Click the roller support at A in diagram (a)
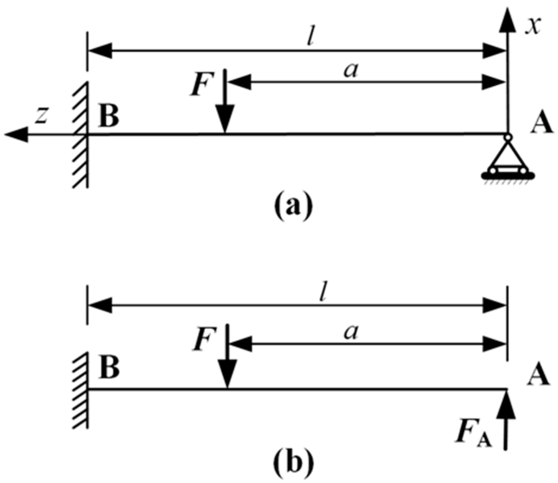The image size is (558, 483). click(x=507, y=161)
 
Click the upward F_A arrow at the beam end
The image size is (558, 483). click(x=507, y=417)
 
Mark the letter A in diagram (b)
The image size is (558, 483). click(x=537, y=376)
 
